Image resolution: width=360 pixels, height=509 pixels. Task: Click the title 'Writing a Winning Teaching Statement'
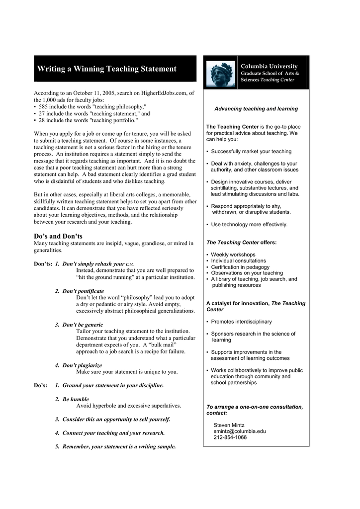point(107,69)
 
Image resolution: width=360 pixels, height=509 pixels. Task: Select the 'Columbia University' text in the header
point(269,66)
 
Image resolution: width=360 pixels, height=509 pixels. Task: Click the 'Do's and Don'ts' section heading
point(58,236)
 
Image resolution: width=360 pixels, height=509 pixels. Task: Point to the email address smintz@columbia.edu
point(240,431)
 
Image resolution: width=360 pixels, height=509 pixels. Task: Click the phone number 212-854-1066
point(230,437)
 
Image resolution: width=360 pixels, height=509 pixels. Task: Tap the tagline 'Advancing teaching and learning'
point(256,108)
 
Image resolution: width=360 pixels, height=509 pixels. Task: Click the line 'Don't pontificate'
point(83,291)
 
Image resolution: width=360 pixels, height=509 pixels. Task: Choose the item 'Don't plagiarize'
point(82,365)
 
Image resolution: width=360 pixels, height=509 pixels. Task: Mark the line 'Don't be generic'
point(83,325)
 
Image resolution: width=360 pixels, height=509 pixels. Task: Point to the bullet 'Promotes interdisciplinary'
point(241,322)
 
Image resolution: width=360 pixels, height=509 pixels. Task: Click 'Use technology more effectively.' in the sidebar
point(249,225)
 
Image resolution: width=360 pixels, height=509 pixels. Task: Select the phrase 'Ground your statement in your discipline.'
point(113,385)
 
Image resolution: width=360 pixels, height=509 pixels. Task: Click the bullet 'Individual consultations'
point(238,260)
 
